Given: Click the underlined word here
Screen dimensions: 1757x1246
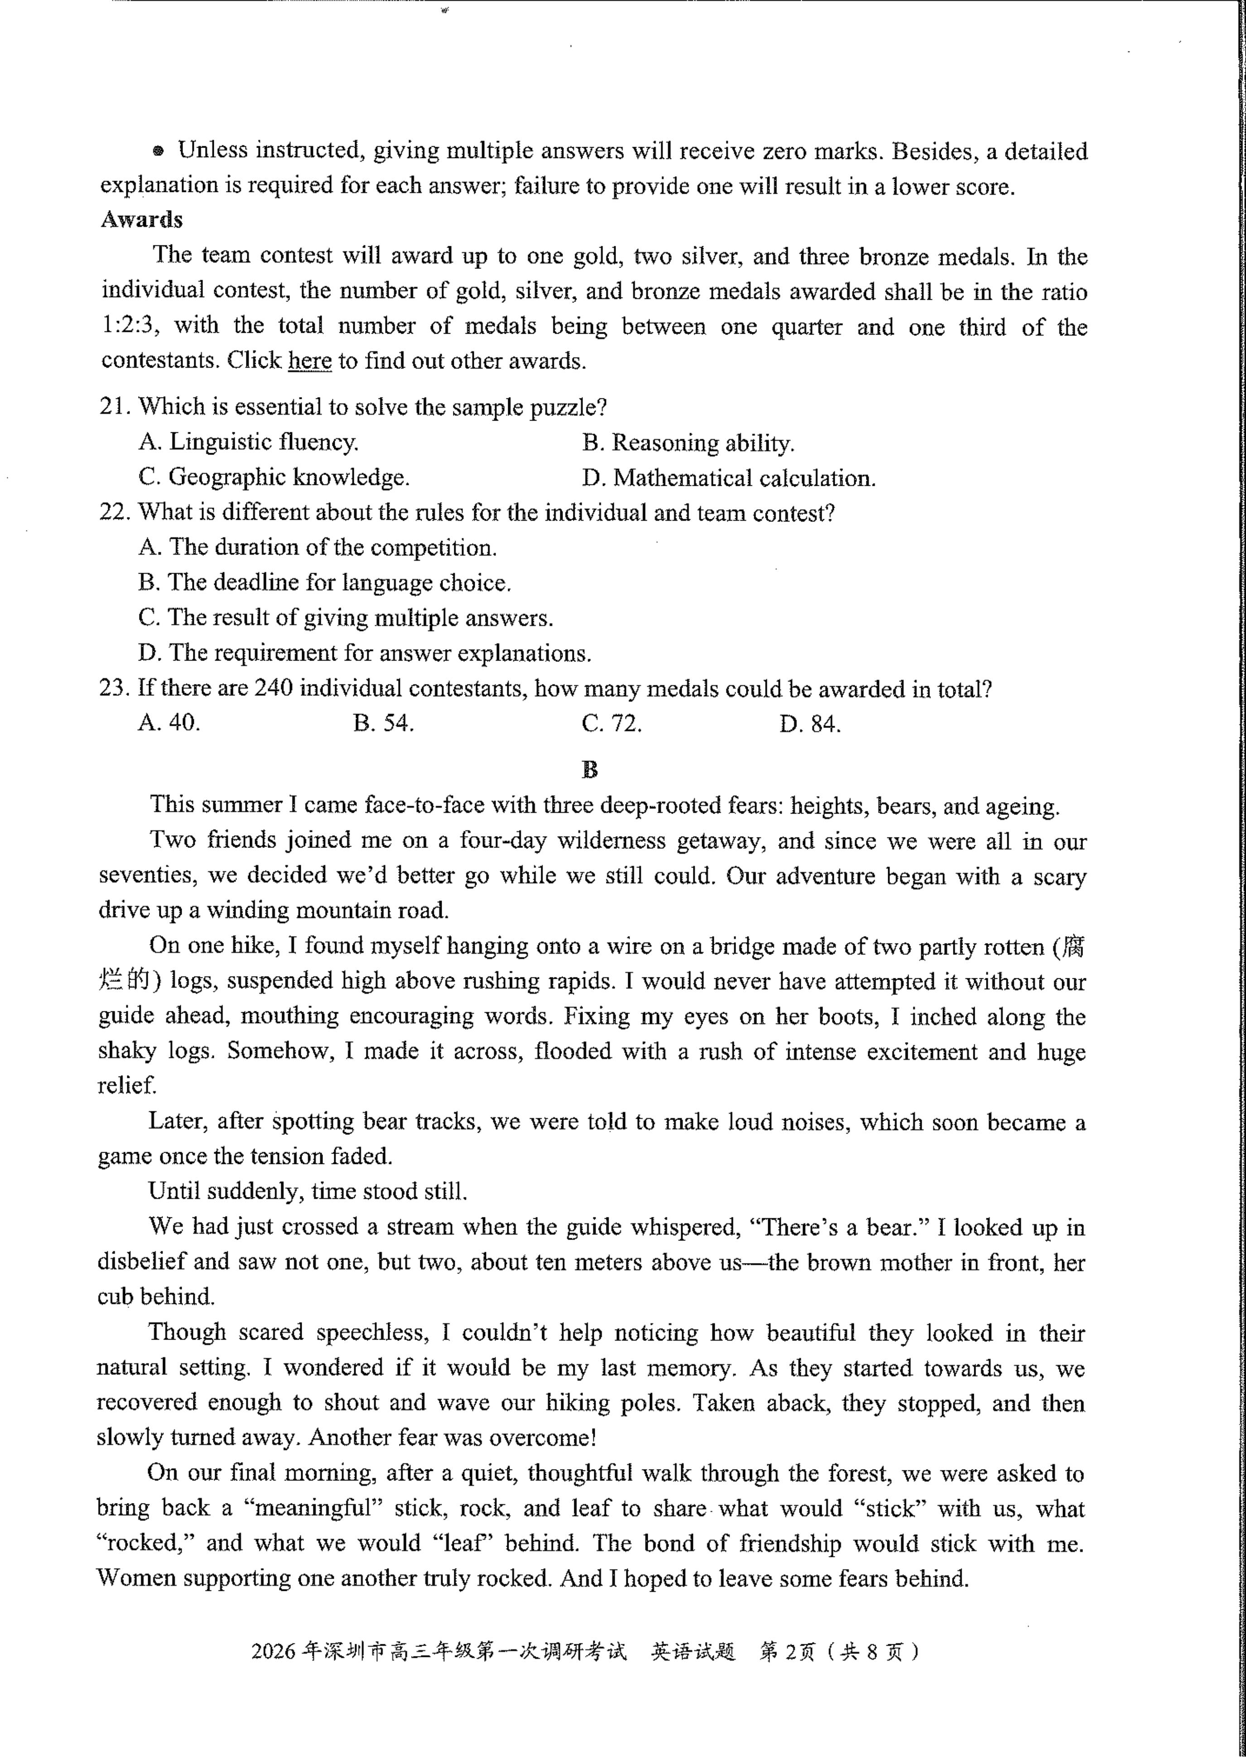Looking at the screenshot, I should point(309,360).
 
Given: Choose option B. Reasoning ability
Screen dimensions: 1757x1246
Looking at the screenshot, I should point(688,442).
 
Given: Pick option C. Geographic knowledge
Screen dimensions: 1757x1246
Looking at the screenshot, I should point(274,477).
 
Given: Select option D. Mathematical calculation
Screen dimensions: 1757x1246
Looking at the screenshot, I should point(728,478).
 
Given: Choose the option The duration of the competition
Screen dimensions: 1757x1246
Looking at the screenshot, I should point(318,547).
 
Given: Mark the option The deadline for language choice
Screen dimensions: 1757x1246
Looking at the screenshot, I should point(325,582).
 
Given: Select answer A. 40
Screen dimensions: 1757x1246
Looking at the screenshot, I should point(169,723).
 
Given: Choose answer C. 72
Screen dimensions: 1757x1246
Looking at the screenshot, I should point(611,723).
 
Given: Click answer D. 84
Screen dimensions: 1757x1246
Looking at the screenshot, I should point(809,723).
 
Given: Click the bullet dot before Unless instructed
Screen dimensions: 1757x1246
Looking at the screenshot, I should point(158,151).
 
